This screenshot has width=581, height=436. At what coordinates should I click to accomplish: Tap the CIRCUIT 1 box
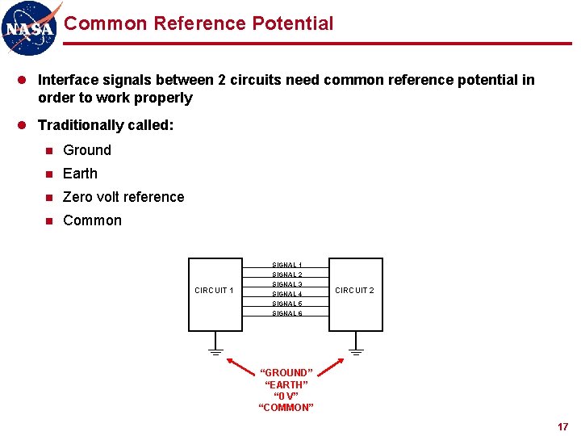pyautogui.click(x=215, y=294)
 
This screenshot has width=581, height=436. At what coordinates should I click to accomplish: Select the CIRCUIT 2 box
pyautogui.click(x=355, y=294)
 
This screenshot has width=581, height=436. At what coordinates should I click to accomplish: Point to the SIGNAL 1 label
pyautogui.click(x=287, y=265)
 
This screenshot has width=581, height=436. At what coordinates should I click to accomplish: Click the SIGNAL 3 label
pyautogui.click(x=287, y=284)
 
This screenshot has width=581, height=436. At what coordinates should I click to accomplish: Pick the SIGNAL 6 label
pyautogui.click(x=287, y=313)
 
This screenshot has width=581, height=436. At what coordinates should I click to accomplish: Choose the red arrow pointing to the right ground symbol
pyautogui.click(x=328, y=367)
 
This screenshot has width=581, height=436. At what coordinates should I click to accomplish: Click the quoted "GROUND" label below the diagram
pyautogui.click(x=286, y=372)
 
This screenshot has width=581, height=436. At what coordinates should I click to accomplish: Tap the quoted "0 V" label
pyautogui.click(x=286, y=396)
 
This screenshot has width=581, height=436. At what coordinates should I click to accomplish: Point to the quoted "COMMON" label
pyautogui.click(x=286, y=407)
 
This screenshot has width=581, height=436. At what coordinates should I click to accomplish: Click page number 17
pyautogui.click(x=562, y=426)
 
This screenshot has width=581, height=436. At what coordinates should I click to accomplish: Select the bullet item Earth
pyautogui.click(x=80, y=174)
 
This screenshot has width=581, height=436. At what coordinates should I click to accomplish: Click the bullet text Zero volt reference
pyautogui.click(x=123, y=197)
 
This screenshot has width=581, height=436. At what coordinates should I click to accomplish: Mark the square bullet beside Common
pyautogui.click(x=49, y=220)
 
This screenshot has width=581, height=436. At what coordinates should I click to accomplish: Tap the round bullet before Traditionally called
pyautogui.click(x=23, y=125)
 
